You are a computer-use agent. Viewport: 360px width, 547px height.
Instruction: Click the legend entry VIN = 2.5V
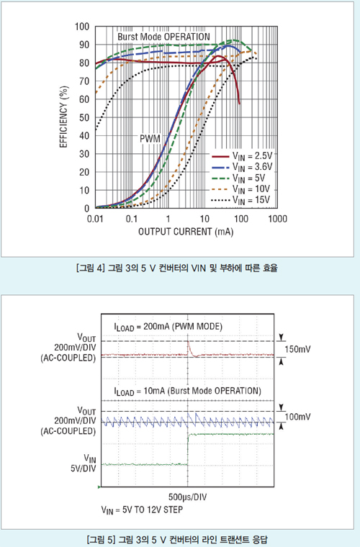242,156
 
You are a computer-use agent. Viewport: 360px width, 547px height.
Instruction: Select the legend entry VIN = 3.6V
242,167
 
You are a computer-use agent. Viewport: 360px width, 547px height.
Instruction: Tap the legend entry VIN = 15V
240,200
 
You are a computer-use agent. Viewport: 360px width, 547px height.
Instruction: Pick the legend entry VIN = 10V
240,189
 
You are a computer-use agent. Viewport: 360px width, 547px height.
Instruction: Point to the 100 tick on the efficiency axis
82,27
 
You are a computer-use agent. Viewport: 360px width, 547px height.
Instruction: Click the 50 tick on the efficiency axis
84,117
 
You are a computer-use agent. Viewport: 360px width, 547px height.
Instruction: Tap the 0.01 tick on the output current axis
95,219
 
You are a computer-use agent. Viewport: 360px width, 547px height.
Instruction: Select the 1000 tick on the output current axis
278,219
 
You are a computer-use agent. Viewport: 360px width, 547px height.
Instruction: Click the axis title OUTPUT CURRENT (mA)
186,232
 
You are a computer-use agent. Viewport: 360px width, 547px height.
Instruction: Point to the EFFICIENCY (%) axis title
63,117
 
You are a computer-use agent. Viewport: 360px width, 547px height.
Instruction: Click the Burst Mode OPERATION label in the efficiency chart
163,37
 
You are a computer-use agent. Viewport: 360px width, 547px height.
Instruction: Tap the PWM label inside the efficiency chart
150,138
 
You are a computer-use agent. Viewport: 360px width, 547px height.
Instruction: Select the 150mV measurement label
297,349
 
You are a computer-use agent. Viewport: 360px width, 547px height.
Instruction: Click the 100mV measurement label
297,417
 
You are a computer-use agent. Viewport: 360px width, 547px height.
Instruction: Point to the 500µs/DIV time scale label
188,497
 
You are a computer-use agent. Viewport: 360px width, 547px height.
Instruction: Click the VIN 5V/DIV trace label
84,464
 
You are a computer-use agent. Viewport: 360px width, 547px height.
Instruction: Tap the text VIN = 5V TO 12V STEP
142,510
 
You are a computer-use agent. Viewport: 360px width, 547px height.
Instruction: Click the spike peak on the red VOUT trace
188,342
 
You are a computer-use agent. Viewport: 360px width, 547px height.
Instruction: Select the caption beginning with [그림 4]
176,268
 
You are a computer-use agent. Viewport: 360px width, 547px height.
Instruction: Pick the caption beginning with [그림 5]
177,539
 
